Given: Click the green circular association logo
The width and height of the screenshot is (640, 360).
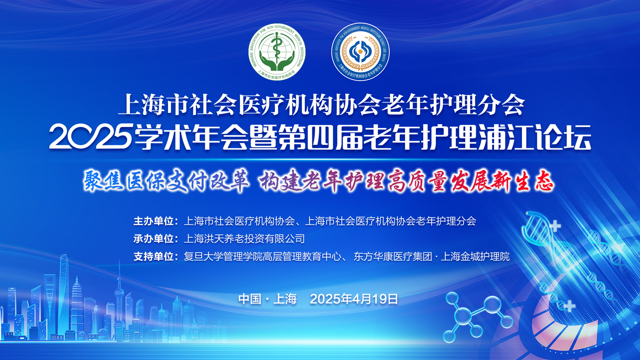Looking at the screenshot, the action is point(277,52).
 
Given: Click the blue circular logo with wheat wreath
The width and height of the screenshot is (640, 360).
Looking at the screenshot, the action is point(360,52).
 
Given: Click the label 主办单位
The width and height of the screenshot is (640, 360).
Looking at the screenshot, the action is point(154,221).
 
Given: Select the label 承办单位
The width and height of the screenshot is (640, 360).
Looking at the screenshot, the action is point(154,239).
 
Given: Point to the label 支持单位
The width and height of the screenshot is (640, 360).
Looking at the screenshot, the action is point(154,256).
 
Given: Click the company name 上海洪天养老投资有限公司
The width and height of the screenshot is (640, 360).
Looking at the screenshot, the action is point(244,239).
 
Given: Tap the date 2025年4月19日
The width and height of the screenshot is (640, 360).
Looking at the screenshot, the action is point(354,299).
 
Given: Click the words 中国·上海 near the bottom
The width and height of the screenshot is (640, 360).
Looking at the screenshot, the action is point(268,299).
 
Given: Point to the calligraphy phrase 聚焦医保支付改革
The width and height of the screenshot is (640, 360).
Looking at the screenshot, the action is point(166,181).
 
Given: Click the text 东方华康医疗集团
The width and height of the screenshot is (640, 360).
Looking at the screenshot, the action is point(393,256).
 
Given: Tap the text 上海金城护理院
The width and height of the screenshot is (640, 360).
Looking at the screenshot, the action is point(475,256).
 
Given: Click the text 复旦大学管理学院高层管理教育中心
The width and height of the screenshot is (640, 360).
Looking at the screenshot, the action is point(263,256).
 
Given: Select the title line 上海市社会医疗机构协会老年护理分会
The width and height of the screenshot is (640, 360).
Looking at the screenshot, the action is point(322,105).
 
